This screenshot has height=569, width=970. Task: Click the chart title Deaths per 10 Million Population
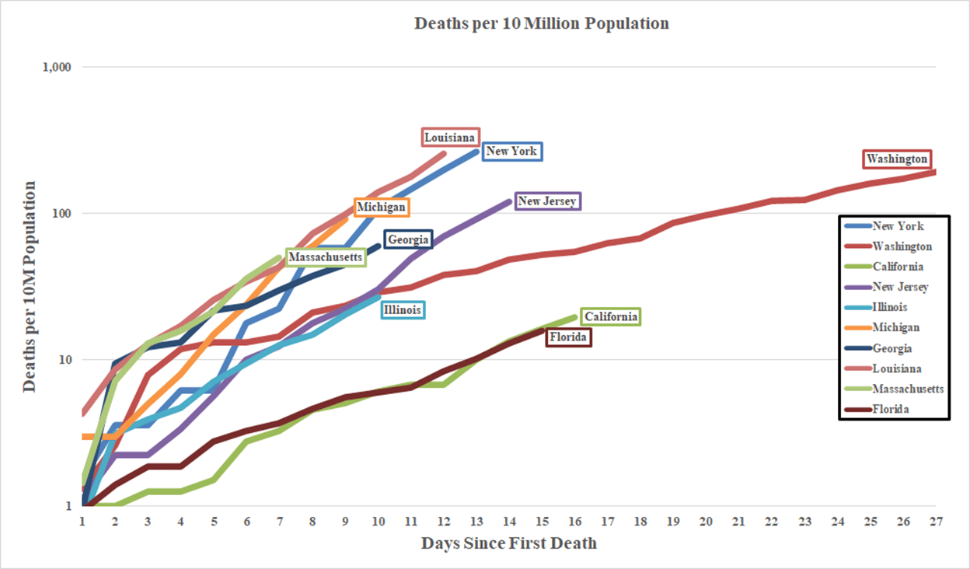541,23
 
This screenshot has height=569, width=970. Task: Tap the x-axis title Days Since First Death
509,543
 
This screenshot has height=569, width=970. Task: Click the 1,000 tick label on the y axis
55,67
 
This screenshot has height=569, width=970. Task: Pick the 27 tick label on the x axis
935,522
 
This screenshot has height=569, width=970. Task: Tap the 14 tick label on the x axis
509,522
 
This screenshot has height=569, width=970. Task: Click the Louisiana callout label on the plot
450,138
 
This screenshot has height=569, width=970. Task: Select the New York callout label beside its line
511,151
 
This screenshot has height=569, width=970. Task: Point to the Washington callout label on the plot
897,159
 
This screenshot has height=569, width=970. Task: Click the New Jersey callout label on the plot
547,201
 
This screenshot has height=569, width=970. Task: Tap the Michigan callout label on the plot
381,208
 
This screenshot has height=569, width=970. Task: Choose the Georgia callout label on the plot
408,239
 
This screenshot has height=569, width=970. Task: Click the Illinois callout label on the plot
403,310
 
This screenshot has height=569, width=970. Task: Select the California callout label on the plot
611,316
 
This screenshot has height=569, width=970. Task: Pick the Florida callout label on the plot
568,337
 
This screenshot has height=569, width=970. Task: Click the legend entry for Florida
891,409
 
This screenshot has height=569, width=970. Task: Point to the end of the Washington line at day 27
934,172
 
